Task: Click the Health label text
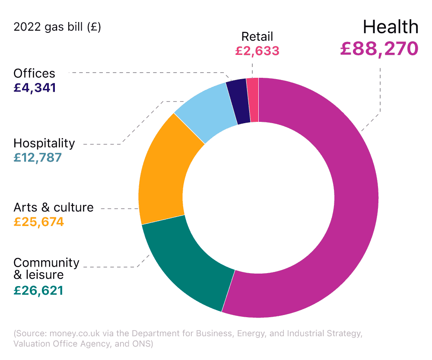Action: [391, 27]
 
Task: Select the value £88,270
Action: [379, 48]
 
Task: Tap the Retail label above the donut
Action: [257, 36]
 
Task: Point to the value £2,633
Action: [257, 51]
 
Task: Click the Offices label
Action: [35, 73]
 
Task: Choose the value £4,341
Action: [35, 88]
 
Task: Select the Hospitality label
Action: [44, 143]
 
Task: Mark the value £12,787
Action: [38, 158]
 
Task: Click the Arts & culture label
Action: [54, 207]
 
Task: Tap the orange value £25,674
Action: [38, 222]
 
